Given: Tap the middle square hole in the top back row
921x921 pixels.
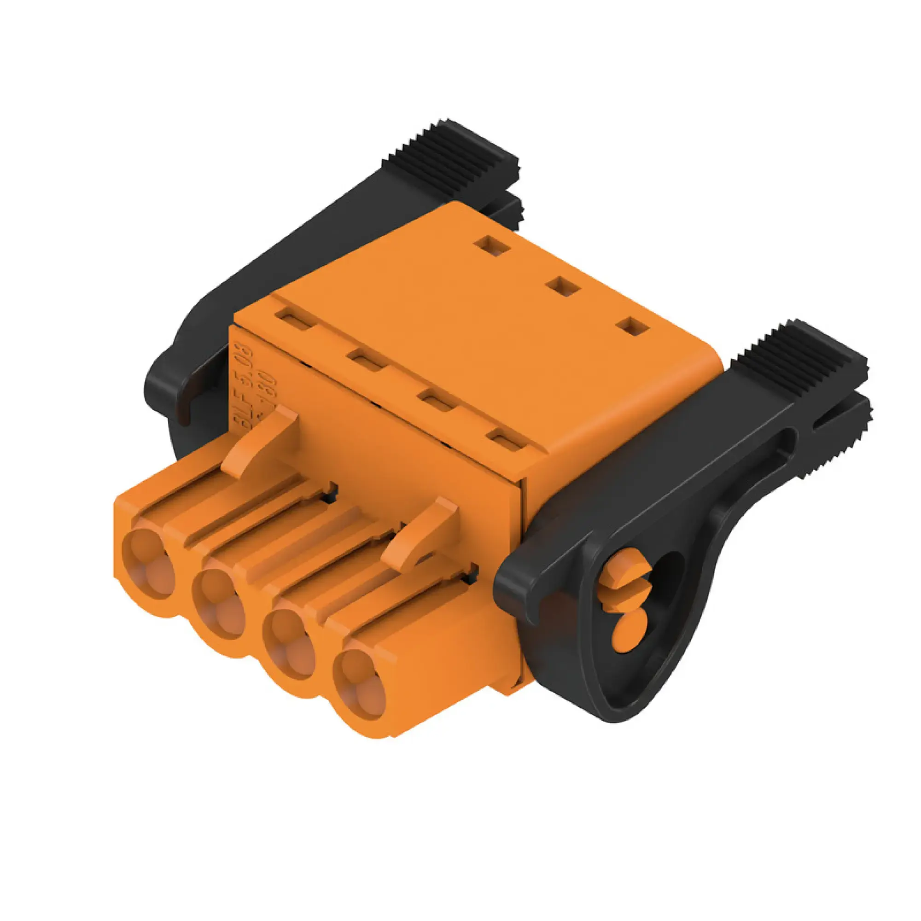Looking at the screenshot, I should [x=564, y=287].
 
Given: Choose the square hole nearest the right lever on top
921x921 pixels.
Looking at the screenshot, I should [x=633, y=327].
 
